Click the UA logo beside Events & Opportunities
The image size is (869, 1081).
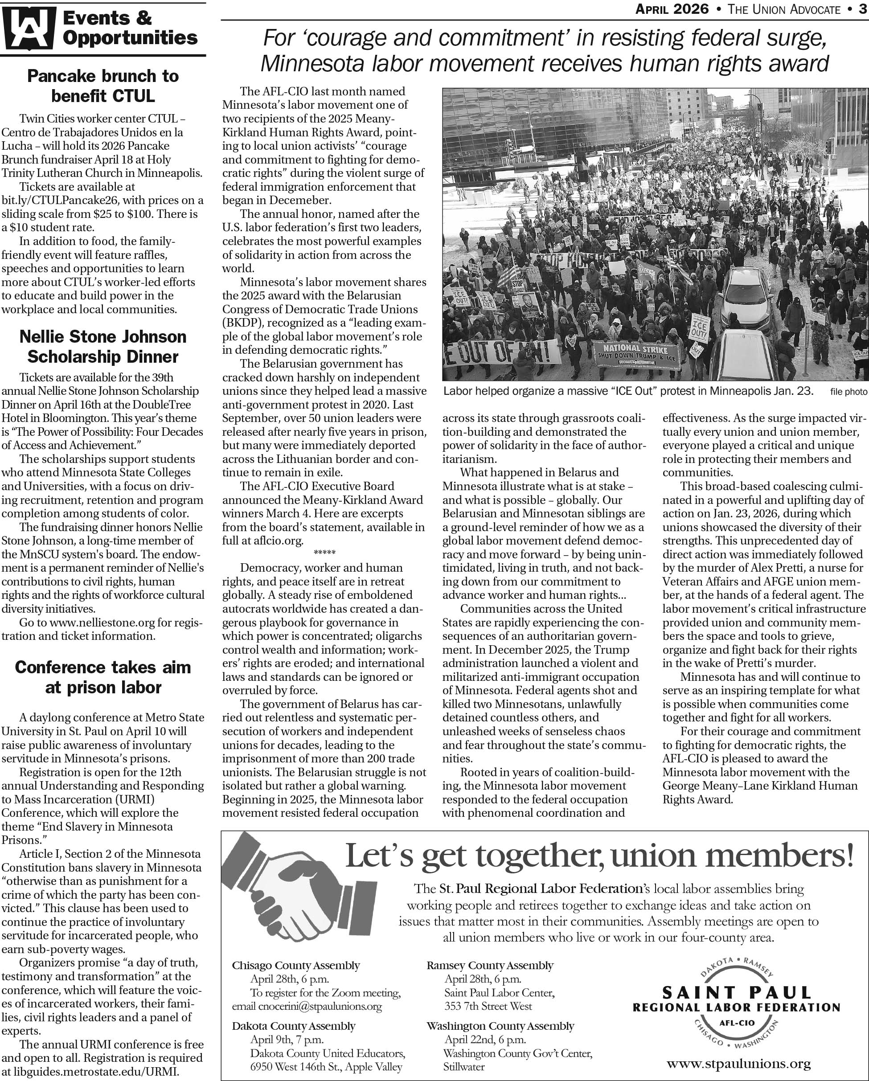click(28, 29)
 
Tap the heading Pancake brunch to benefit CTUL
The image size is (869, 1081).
click(103, 86)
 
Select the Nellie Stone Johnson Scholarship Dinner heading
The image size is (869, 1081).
click(103, 347)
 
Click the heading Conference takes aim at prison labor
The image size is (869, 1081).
click(103, 677)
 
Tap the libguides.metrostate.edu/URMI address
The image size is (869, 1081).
click(95, 1072)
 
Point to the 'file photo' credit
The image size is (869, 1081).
click(848, 392)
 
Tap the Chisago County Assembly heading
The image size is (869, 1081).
click(296, 965)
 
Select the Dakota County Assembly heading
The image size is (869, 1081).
click(293, 1026)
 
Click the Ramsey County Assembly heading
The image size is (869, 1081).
click(490, 965)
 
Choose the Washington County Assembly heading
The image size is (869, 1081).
click(500, 1026)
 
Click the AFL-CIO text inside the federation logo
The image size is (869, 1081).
click(737, 1022)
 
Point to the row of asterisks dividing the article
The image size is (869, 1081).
click(324, 553)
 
